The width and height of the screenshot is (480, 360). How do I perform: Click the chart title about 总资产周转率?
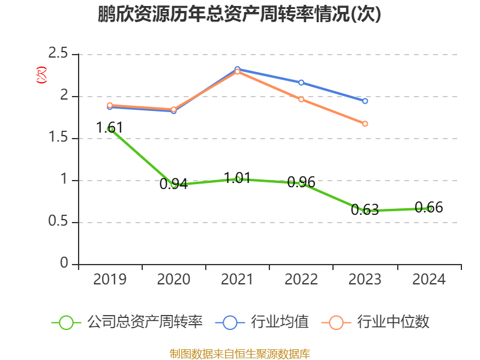[240, 15]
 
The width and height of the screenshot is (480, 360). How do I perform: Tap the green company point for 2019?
[110, 129]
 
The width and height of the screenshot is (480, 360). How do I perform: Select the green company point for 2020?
[174, 185]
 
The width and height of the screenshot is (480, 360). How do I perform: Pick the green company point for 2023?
[365, 211]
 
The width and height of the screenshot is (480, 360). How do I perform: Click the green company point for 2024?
[429, 208]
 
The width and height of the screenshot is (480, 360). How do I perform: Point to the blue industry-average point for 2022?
[301, 82]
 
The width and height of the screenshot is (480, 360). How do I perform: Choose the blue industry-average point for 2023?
[365, 101]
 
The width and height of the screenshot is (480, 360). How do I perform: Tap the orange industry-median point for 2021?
[238, 71]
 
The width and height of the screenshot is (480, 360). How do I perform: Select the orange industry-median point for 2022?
[301, 99]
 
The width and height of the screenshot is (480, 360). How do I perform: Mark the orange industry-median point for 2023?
[365, 124]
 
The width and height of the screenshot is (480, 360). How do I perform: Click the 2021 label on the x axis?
[238, 280]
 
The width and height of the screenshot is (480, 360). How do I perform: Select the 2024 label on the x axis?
[429, 280]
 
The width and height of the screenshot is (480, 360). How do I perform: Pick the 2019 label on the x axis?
[110, 280]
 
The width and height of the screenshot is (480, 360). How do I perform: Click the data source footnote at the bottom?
[240, 353]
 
